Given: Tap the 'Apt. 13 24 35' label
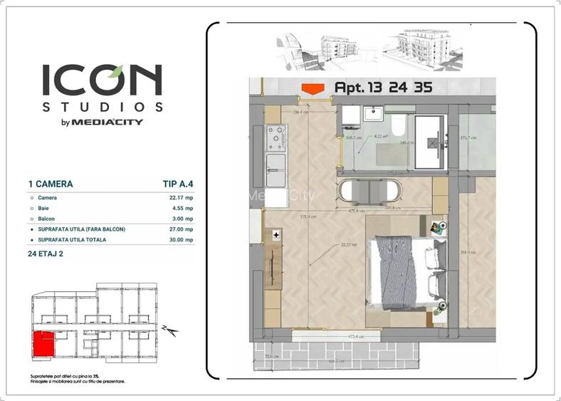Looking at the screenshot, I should [382, 88].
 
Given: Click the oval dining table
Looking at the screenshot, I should [371, 192].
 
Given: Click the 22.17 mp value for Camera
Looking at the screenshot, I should [178, 198].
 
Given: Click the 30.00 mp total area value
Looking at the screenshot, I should [179, 240].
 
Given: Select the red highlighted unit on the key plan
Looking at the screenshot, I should [43, 346].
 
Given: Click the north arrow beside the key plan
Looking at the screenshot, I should [169, 329].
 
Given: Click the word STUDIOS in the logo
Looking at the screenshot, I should [102, 107].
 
